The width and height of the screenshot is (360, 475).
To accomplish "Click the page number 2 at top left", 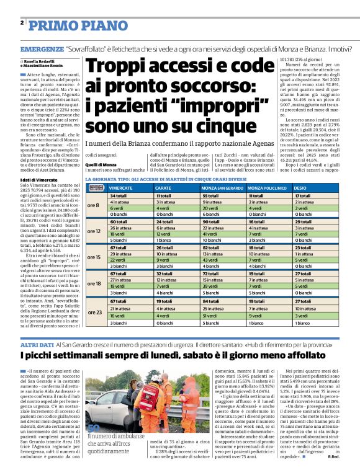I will [22, 23].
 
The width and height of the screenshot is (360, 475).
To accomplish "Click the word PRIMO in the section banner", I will [53, 25].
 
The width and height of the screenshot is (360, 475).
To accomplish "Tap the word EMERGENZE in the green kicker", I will [42, 48].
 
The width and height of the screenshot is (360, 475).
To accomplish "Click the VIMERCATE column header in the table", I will [120, 187].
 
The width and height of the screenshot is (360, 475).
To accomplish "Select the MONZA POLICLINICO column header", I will [266, 187].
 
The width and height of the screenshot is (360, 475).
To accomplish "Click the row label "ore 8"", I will [94, 205].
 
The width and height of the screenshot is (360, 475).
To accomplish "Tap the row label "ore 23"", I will [94, 311].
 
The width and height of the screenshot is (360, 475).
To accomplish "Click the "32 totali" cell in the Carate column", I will [165, 274].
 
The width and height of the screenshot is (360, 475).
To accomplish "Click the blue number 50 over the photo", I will [94, 446].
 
